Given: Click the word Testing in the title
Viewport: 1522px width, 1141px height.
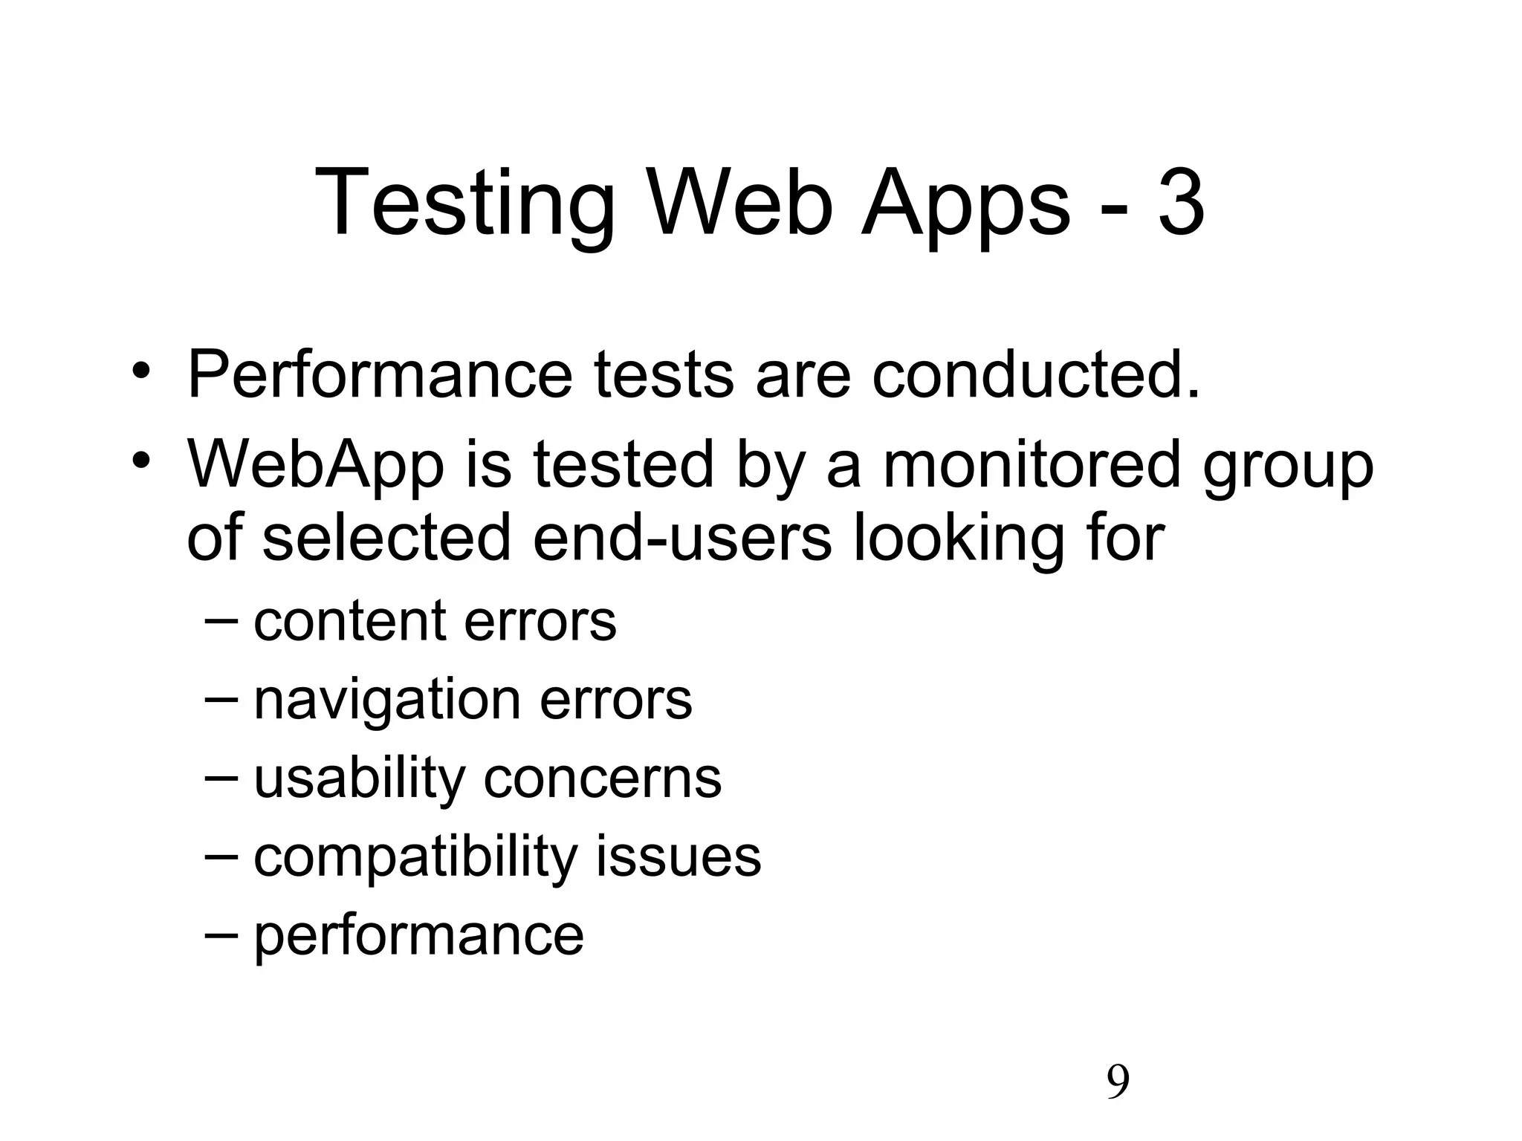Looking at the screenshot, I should click(x=465, y=204).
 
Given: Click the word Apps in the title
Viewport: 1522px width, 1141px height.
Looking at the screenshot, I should click(x=965, y=204).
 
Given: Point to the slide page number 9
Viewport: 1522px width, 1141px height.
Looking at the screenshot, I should click(x=1118, y=1082).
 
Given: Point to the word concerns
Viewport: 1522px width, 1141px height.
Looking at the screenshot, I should click(x=603, y=779).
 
